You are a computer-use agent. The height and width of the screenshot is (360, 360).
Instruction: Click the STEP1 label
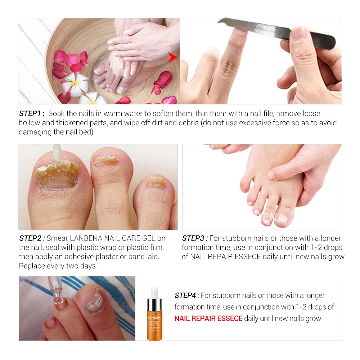pos(31,113)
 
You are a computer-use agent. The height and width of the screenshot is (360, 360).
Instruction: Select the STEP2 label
pos(32,238)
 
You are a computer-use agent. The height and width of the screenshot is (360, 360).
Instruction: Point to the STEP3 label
pos(195,238)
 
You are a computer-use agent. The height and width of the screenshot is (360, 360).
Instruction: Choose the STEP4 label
pos(187,296)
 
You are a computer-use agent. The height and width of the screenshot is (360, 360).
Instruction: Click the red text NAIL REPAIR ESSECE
pos(208,319)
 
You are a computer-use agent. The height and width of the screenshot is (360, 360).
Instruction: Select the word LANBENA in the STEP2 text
pos(86,238)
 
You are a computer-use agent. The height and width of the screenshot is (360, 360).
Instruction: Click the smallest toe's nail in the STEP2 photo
pos(156,182)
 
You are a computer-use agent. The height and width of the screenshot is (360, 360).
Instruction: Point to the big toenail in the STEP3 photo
pos(283,218)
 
